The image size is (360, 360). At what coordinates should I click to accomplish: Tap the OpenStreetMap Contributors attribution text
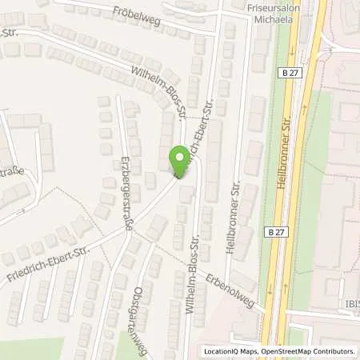tap(306, 351)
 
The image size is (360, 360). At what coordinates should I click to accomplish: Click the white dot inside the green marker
tap(179, 156)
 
